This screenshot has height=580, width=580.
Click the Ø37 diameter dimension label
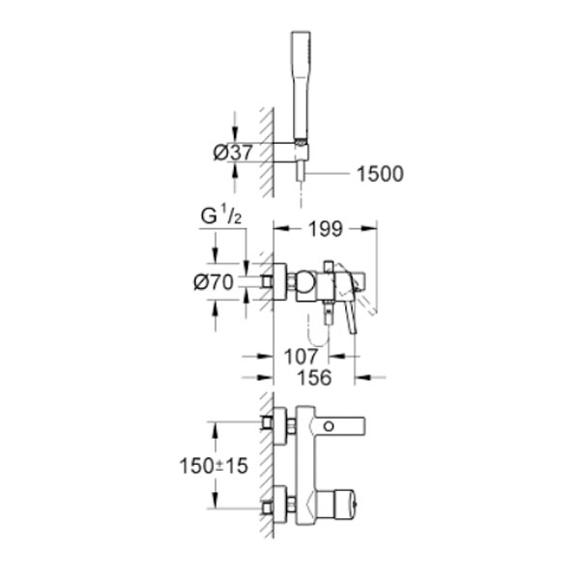[233, 152]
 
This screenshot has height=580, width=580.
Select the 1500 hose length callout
[380, 174]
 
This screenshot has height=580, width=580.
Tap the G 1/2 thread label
[220, 217]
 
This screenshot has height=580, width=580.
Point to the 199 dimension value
[326, 229]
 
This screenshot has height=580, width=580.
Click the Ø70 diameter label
[214, 282]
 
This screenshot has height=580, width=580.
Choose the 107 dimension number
[301, 357]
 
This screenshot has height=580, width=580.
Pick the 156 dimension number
[314, 378]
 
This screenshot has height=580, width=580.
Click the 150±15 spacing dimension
[214, 465]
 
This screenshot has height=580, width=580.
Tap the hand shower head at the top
[301, 85]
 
